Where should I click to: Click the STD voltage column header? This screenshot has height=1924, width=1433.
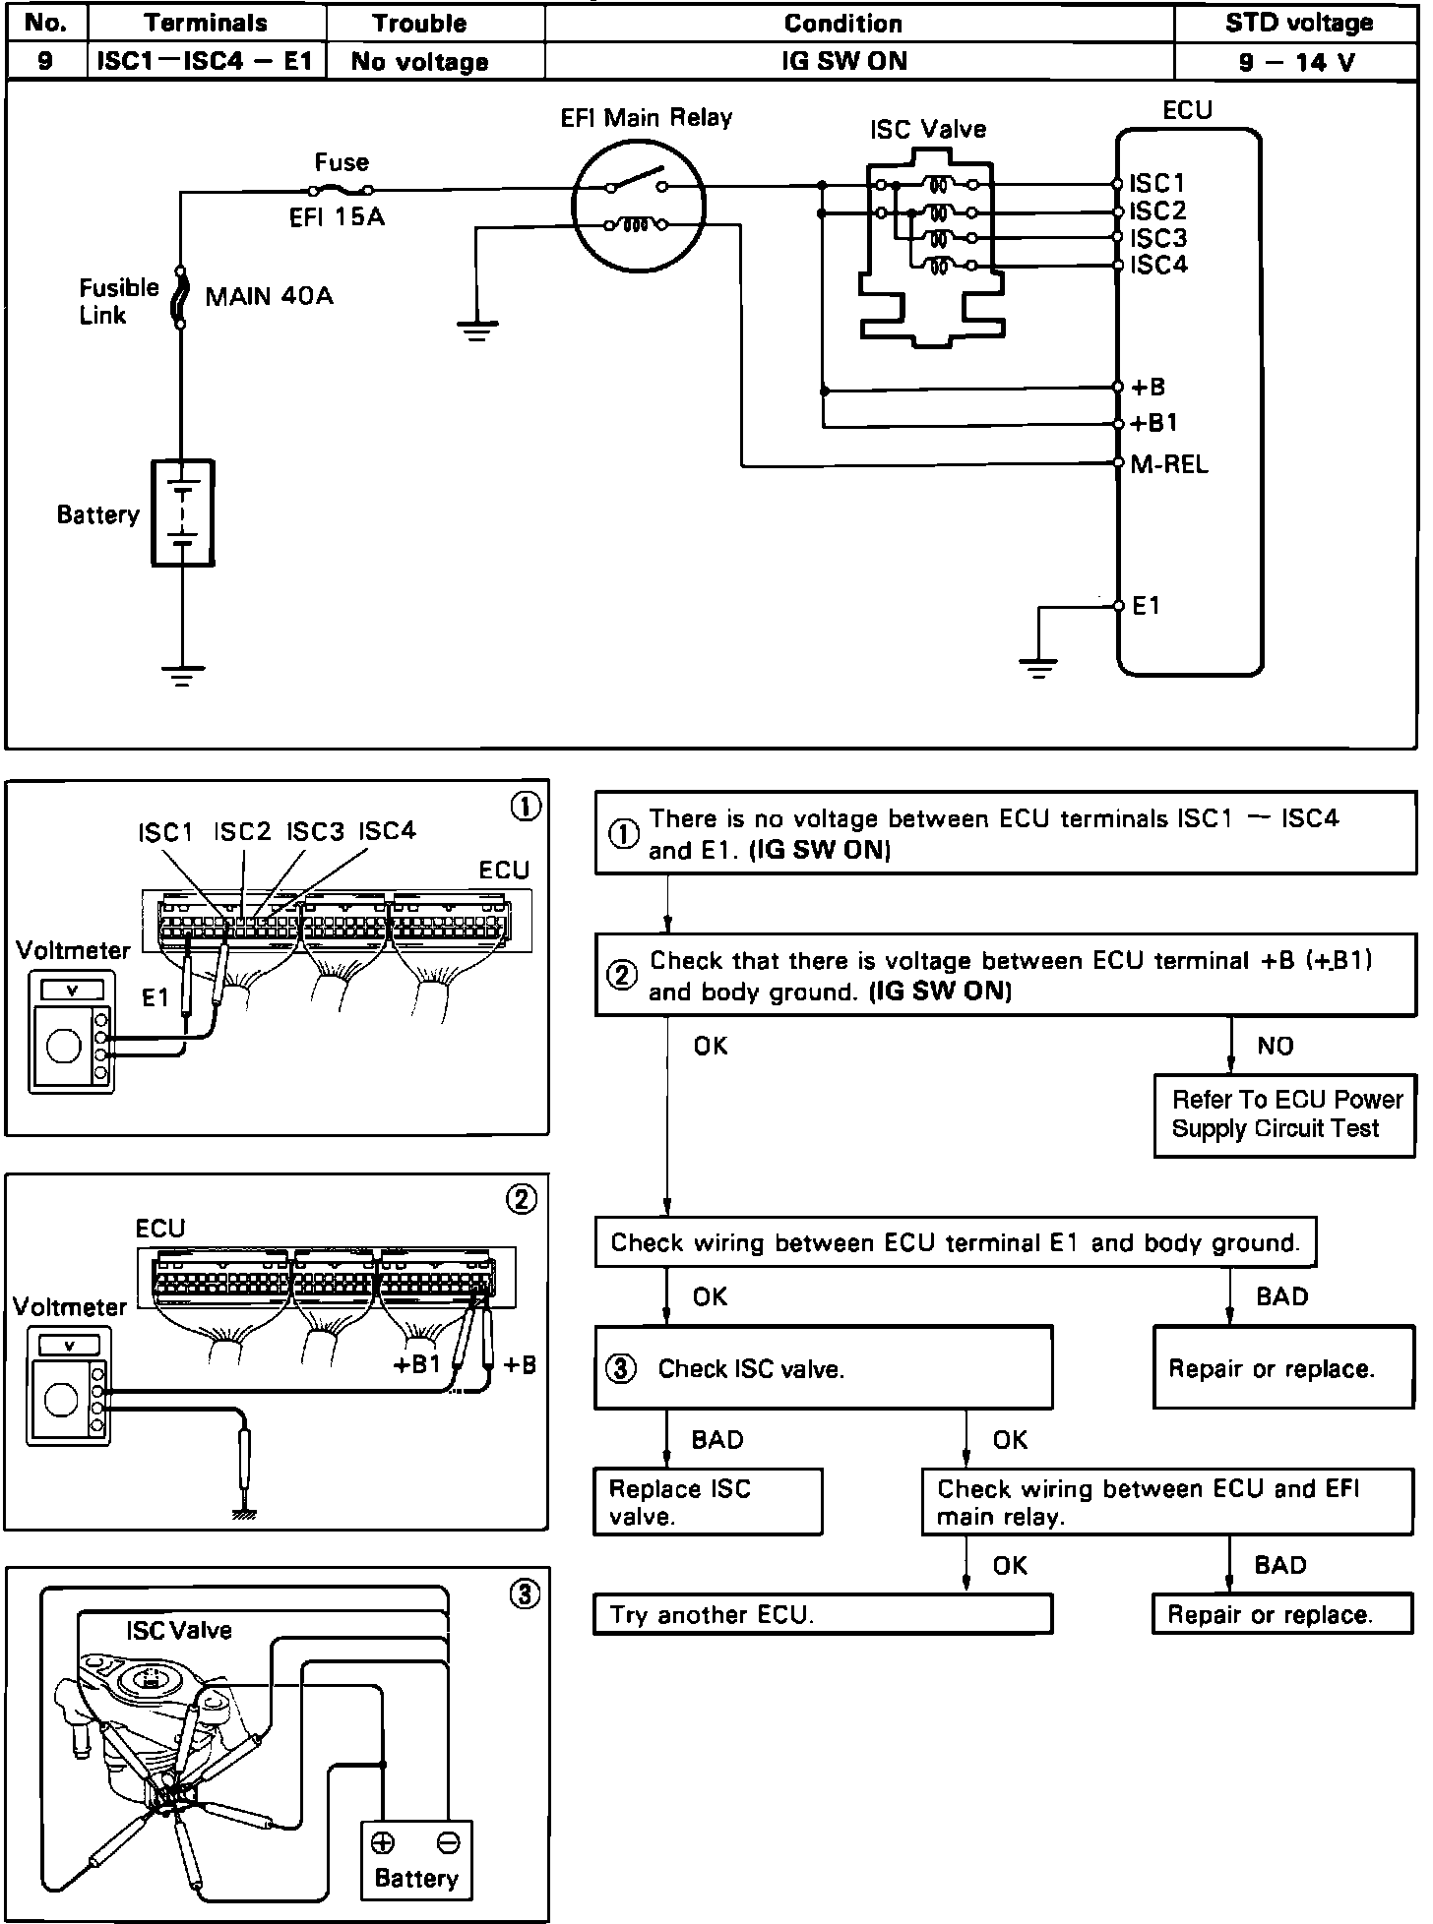click(1297, 23)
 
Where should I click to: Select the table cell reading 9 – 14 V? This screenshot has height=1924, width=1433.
click(1297, 62)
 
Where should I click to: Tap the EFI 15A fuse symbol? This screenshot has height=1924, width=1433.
click(341, 190)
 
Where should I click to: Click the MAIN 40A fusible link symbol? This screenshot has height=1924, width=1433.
click(180, 294)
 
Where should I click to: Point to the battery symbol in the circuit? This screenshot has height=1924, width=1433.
click(182, 512)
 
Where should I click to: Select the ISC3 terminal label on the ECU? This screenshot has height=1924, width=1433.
click(1158, 238)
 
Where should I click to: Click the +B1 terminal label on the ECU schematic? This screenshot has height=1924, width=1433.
click(1154, 424)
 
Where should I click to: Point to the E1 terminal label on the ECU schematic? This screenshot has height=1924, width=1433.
click(1147, 606)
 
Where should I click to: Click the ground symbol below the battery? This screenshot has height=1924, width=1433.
click(182, 676)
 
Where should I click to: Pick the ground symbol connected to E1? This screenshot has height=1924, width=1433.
click(1038, 668)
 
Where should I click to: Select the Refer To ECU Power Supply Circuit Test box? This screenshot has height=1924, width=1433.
click(1285, 1114)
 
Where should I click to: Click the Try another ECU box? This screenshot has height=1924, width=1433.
click(823, 1614)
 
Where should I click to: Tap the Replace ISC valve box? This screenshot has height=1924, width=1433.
click(708, 1501)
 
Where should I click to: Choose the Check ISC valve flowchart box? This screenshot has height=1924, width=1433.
click(824, 1367)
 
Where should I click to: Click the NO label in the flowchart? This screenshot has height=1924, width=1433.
click(1276, 1046)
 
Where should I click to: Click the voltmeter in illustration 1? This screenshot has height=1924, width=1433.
click(71, 1032)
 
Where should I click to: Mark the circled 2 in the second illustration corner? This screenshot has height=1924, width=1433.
click(521, 1198)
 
